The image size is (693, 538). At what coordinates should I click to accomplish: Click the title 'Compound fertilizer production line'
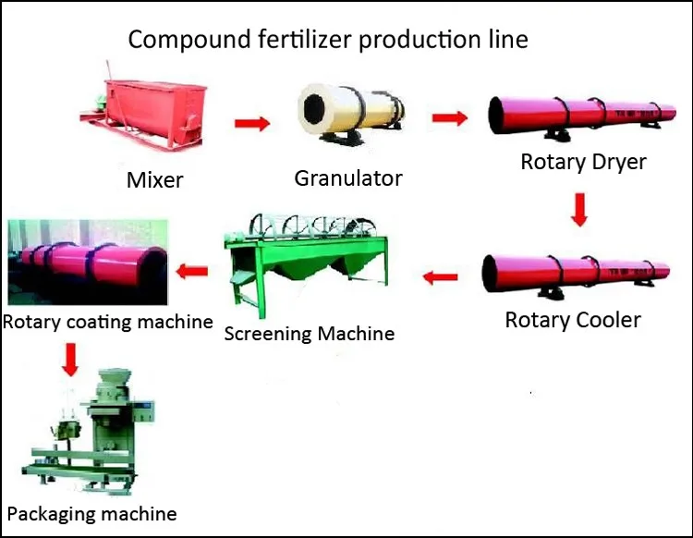click(x=328, y=40)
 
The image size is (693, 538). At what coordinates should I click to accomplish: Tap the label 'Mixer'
click(x=154, y=180)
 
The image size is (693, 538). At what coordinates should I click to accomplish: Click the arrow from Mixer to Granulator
click(x=252, y=123)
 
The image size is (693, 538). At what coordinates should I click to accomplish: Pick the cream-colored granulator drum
click(x=351, y=114)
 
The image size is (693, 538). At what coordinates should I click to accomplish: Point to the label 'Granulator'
click(x=348, y=178)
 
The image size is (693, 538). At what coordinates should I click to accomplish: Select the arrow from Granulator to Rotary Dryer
click(x=450, y=118)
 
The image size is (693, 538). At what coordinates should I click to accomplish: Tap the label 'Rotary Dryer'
click(x=583, y=162)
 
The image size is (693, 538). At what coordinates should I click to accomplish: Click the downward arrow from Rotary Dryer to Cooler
click(x=579, y=210)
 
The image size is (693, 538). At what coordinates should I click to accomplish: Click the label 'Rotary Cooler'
click(x=573, y=320)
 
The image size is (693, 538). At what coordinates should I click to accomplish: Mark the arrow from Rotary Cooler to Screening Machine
click(x=440, y=277)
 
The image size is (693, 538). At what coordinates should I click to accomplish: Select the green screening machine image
click(x=307, y=264)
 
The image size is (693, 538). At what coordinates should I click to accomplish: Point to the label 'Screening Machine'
click(x=310, y=334)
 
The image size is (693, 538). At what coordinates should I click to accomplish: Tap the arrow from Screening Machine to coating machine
click(x=192, y=271)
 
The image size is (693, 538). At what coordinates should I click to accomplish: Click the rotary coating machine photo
click(x=88, y=263)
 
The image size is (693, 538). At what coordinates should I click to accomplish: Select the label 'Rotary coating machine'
click(x=108, y=322)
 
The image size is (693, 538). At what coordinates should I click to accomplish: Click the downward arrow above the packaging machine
click(x=70, y=360)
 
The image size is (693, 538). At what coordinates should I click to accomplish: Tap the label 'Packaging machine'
click(x=91, y=514)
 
